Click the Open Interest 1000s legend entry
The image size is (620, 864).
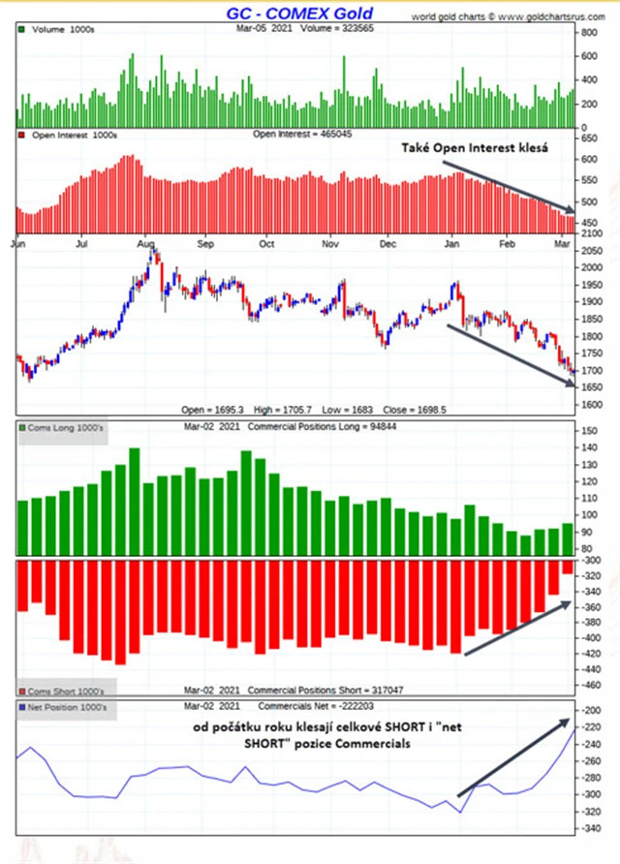tap(73, 134)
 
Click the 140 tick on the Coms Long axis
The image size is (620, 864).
tap(588, 447)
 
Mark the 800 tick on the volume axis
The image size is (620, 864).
tap(586, 32)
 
